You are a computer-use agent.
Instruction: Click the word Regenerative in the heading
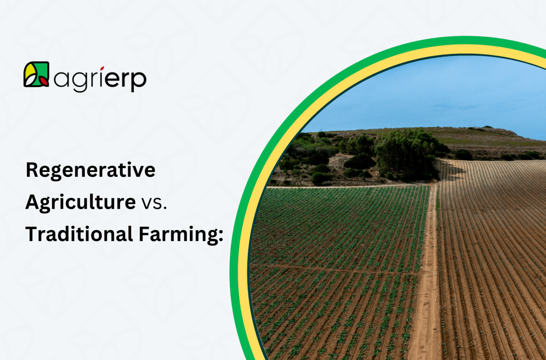(x=90, y=170)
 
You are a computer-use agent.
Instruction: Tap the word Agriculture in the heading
(x=80, y=202)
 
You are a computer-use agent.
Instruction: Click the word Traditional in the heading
(x=79, y=234)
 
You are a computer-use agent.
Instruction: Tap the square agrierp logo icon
(x=36, y=74)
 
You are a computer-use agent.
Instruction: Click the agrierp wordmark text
(x=100, y=79)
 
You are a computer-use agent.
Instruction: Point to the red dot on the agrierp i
(x=102, y=68)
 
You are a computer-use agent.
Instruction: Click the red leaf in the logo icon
(x=44, y=81)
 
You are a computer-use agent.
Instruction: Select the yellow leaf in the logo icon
(x=30, y=72)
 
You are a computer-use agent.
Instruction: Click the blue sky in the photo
(x=427, y=96)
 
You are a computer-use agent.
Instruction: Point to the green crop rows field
(x=338, y=249)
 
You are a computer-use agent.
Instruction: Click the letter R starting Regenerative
(x=32, y=170)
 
